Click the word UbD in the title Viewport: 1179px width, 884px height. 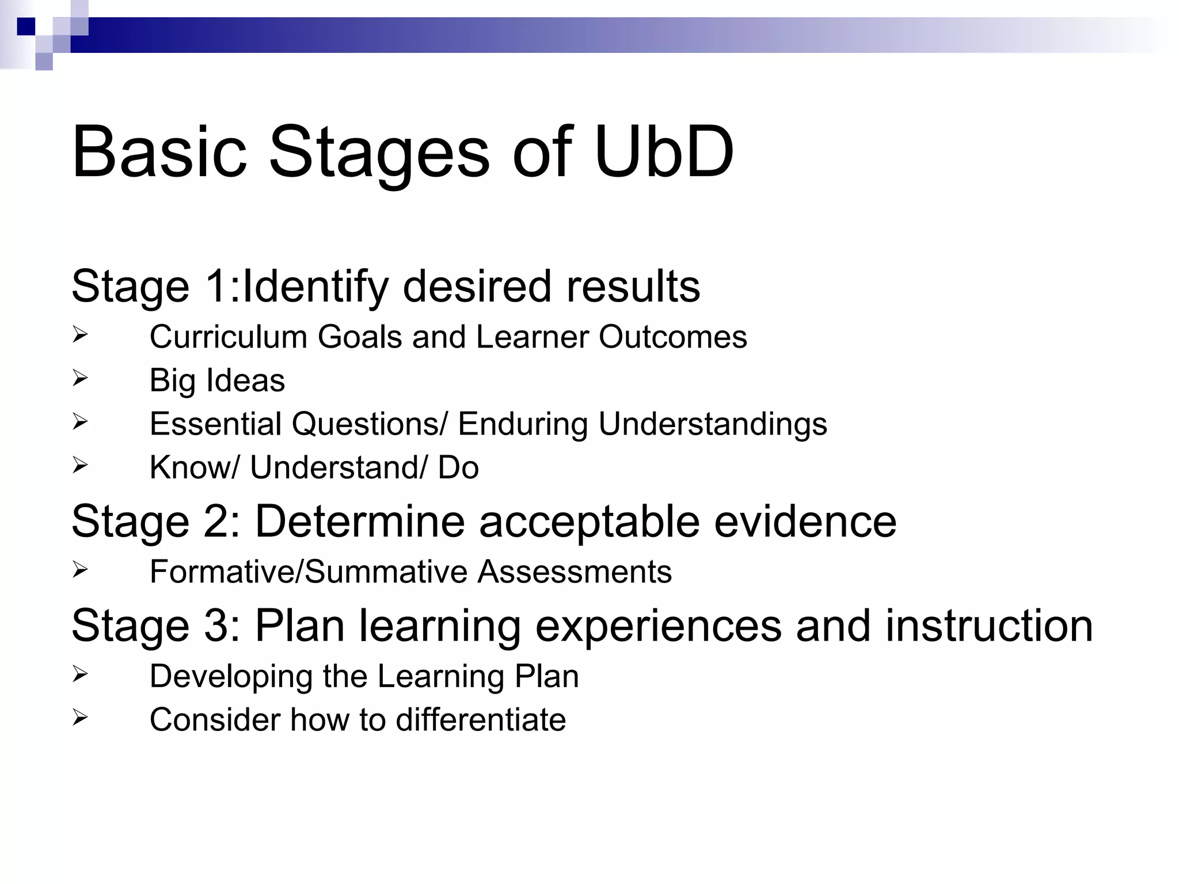[664, 152]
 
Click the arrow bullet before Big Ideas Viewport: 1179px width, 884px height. [80, 378]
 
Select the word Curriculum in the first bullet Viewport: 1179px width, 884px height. [228, 337]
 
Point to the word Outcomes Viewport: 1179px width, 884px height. [672, 337]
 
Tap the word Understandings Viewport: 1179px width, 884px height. [713, 424]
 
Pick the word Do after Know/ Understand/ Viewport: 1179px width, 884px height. [458, 467]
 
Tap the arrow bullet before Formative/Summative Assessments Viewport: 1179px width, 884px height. [80, 570]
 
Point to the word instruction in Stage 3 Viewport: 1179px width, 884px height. [988, 626]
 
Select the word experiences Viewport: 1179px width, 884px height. [658, 626]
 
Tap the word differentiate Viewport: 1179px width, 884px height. [481, 719]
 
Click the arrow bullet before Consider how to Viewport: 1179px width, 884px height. [80, 718]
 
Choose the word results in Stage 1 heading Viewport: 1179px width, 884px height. [633, 286]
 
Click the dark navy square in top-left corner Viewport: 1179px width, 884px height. [26, 26]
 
